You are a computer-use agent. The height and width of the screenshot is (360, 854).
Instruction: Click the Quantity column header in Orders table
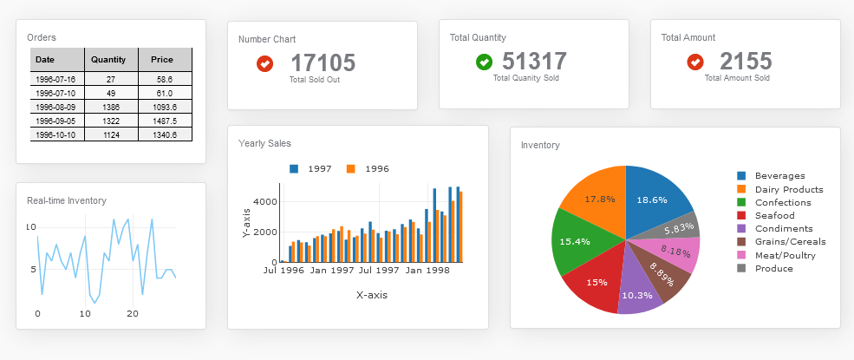[x=110, y=60]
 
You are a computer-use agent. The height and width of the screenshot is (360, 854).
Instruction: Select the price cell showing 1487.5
[x=164, y=121]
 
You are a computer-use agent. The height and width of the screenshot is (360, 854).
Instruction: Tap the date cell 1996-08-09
[x=56, y=107]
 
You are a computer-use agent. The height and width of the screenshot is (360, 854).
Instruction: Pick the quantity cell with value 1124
[x=110, y=134]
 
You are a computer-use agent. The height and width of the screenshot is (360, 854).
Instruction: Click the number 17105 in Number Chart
[x=323, y=62]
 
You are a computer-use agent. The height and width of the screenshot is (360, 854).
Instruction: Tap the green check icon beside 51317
[x=484, y=62]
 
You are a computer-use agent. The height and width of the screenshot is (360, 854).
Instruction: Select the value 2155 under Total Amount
[x=745, y=62]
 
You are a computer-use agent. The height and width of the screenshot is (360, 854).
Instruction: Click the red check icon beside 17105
[x=265, y=63]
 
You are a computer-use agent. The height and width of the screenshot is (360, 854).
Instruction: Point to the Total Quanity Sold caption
[x=525, y=78]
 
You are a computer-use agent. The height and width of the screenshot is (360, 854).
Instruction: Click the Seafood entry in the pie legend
[x=773, y=215]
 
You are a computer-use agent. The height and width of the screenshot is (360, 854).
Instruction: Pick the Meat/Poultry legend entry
[x=784, y=255]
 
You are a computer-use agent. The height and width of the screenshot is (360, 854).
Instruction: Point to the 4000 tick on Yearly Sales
[x=264, y=201]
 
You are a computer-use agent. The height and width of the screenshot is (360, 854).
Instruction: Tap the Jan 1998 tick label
[x=427, y=271]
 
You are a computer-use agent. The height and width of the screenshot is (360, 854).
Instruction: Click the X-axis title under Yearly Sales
[x=371, y=295]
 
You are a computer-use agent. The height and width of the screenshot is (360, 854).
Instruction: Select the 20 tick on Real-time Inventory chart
[x=133, y=313]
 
